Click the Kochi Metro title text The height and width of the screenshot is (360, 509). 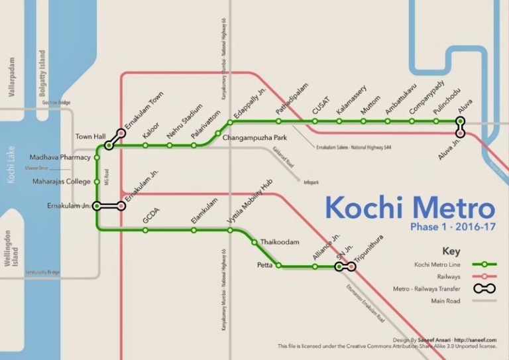click(x=410, y=208)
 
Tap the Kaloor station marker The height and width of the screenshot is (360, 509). click(x=145, y=145)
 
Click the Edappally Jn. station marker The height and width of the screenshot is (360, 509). click(x=231, y=122)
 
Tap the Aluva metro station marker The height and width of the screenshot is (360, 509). click(x=460, y=121)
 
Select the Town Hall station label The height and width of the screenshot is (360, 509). click(x=90, y=137)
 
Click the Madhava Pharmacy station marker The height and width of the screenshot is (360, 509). click(x=97, y=158)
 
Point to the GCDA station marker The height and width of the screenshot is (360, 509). click(x=145, y=231)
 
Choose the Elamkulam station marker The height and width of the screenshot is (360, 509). click(x=194, y=231)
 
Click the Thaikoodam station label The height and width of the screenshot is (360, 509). click(x=280, y=242)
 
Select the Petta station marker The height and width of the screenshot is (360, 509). click(x=278, y=266)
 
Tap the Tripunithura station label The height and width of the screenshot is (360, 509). click(x=369, y=247)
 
